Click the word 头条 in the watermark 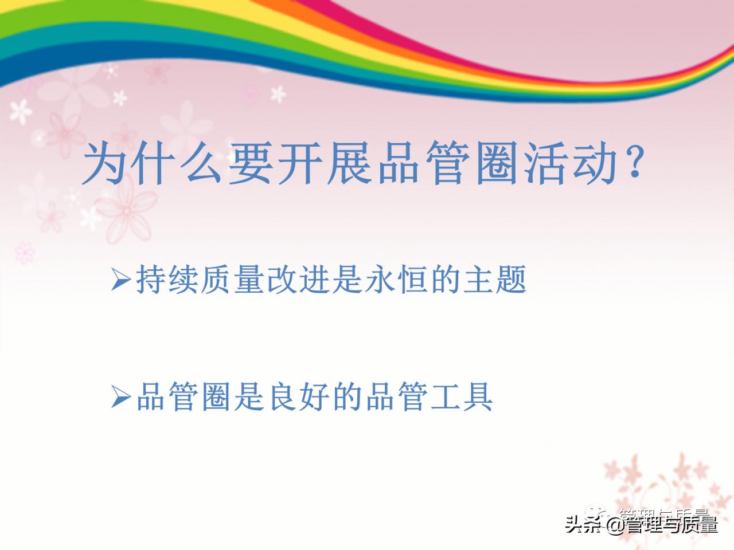coord(585,524)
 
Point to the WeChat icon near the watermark coord(596,512)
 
